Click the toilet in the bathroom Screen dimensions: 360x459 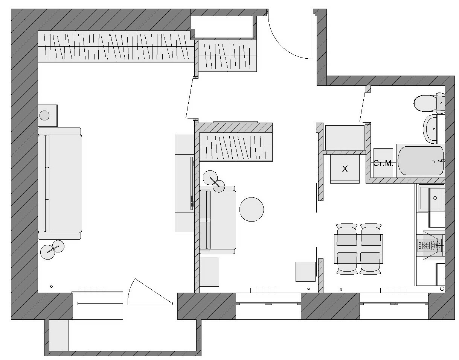[425, 103]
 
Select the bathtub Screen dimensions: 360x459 [420, 161]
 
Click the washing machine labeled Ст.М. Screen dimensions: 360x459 [383, 163]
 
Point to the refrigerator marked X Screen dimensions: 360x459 [345, 169]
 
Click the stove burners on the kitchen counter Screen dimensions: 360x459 [430, 245]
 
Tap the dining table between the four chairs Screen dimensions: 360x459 [358, 249]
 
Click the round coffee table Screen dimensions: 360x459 [252, 209]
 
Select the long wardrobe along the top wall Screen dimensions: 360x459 [115, 47]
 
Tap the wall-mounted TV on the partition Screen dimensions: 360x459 [192, 183]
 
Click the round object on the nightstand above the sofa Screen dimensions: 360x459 [44, 115]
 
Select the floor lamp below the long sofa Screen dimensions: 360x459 [52, 249]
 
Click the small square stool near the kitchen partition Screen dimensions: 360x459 [305, 272]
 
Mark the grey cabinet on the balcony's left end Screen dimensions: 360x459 [59, 335]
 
